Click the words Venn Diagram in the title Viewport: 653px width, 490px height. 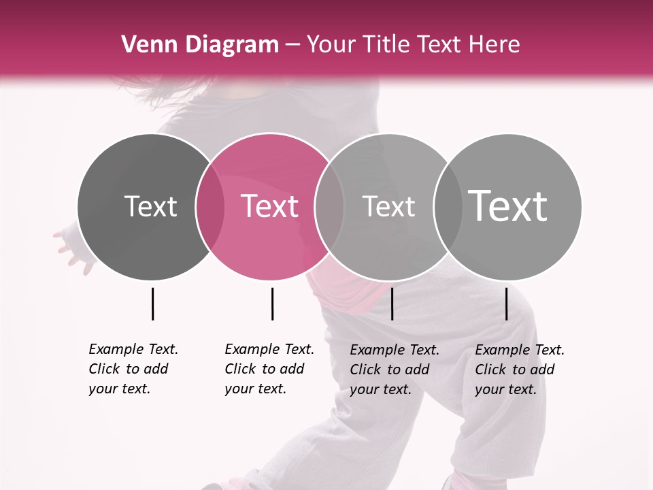[x=200, y=45]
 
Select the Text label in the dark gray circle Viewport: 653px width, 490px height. [x=151, y=206]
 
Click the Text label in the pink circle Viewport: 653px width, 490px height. [x=270, y=206]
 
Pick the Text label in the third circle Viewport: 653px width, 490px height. [x=388, y=206]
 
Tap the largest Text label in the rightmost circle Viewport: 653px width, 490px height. [x=508, y=206]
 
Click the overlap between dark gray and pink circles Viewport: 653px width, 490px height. [x=210, y=207]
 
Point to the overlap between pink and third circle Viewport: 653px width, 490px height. [x=329, y=207]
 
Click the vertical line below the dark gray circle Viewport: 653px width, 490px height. [x=152, y=304]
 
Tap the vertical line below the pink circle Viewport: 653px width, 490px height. [x=272, y=304]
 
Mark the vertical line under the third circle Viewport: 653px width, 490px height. [x=392, y=304]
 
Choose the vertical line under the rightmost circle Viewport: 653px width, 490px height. [x=507, y=304]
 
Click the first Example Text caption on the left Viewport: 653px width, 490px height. [x=133, y=369]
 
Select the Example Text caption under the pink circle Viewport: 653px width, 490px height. [x=269, y=369]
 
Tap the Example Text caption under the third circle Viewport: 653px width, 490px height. [x=394, y=370]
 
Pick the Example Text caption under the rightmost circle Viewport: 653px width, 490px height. [x=519, y=370]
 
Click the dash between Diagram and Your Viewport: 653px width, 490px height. [x=292, y=46]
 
